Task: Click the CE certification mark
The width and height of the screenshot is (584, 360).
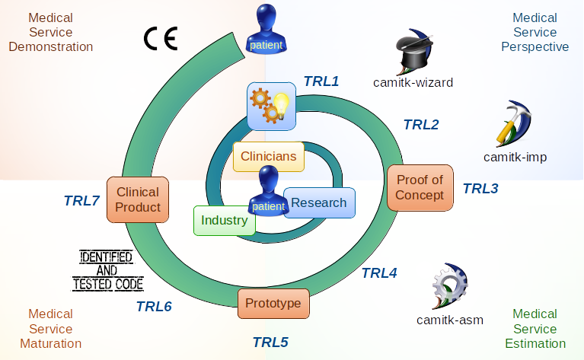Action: point(161,39)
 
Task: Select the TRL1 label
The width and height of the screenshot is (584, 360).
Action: point(321,81)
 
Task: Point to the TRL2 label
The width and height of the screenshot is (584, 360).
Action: point(420,125)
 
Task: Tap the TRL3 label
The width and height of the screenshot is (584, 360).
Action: point(480,188)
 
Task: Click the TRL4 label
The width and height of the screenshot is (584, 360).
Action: point(378,272)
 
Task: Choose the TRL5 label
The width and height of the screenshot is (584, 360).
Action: point(270,342)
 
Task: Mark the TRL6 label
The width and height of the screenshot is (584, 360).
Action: point(154,307)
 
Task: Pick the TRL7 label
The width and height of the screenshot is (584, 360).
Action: point(81,201)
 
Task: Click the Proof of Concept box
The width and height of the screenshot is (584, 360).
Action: point(420,187)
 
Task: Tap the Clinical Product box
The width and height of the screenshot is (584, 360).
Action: point(138,199)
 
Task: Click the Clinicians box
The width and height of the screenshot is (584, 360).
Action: point(268,157)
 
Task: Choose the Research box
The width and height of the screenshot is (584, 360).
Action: point(319,202)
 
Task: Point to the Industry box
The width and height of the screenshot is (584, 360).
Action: point(224,221)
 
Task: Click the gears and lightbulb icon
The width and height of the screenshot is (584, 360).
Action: point(271,105)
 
